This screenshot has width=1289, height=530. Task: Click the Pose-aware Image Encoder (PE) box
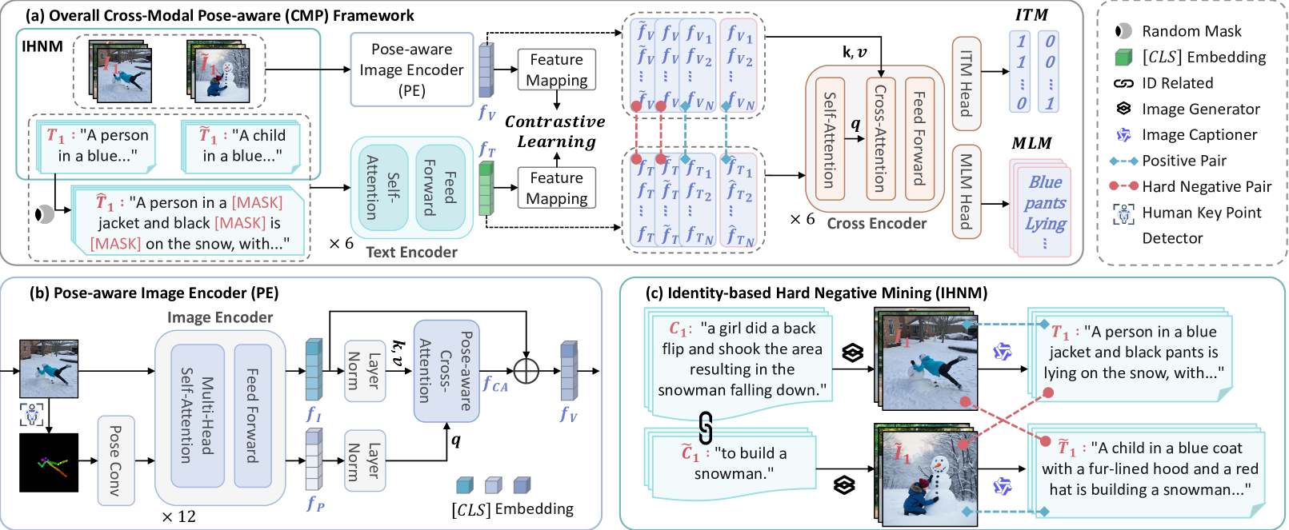pos(411,70)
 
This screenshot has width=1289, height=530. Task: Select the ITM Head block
pos(966,83)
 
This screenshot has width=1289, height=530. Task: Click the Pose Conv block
pos(115,460)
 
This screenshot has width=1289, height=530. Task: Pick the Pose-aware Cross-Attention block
pos(446,371)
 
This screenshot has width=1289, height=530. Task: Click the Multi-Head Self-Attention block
pos(197,416)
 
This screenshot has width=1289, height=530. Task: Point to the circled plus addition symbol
pos(526,371)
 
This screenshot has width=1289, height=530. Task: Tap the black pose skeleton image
pos(49,462)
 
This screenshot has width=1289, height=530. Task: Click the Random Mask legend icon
pos(1123,31)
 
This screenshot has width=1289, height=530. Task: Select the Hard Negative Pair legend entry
pos(1190,186)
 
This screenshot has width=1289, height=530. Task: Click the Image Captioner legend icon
pos(1123,135)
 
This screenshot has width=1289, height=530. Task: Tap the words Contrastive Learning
pos(556,132)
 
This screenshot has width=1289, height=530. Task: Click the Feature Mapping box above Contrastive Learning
pos(556,70)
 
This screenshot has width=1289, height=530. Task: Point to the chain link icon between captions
pos(706,428)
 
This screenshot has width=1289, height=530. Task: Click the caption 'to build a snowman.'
pos(734,464)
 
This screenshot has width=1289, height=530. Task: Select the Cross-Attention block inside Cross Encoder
pos(879,138)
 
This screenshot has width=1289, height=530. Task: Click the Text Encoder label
pos(411,253)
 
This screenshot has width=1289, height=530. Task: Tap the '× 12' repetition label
pos(178,516)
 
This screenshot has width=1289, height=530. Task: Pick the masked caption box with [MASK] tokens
pos(190,223)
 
